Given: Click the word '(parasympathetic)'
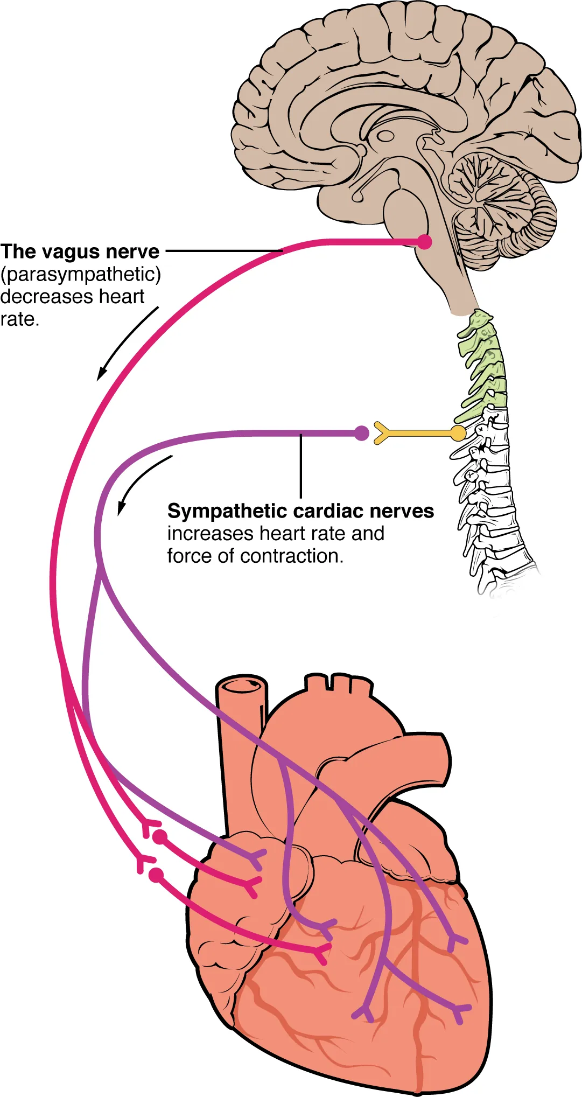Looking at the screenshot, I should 81,275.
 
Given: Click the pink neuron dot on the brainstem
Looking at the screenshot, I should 425,242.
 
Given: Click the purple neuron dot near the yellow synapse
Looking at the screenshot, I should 362,433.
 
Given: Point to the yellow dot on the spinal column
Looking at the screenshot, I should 458,433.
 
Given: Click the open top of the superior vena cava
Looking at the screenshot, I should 242,685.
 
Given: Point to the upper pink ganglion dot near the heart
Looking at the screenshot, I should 159,837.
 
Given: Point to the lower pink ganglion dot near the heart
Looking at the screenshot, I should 156,875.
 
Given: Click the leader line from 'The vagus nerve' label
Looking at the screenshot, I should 223,251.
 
